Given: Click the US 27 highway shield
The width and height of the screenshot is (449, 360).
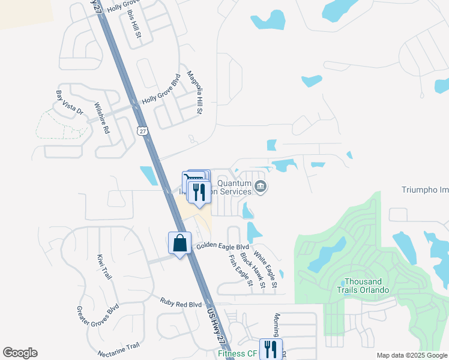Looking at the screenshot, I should point(142,132).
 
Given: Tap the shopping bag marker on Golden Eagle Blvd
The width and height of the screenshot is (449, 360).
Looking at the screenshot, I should point(179,243).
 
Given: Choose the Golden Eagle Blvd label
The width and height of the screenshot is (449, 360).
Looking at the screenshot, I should point(222,247).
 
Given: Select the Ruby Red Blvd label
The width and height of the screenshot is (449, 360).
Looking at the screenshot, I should point(181,304).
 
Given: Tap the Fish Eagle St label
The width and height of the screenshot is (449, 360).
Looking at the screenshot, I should point(240,270).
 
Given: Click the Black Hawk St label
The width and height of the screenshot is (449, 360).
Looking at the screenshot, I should point(252,270).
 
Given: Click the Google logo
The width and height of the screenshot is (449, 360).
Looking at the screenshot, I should point(20,353).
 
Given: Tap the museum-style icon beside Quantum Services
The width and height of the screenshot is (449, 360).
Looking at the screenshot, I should point(261,187).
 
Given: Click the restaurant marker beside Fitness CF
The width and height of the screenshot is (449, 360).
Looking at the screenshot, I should point(271,349).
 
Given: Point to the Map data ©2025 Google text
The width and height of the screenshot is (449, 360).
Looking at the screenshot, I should point(411,355).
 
